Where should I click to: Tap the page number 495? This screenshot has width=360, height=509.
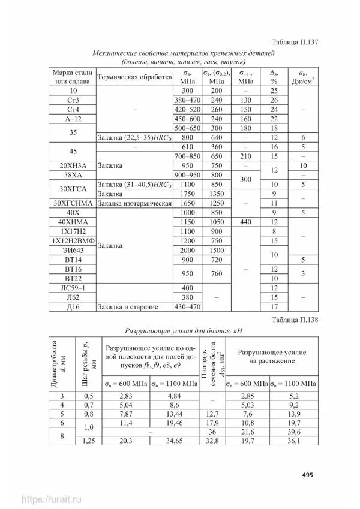308,475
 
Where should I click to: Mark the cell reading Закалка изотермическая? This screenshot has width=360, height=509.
134,204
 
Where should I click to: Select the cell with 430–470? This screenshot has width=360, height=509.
185,307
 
